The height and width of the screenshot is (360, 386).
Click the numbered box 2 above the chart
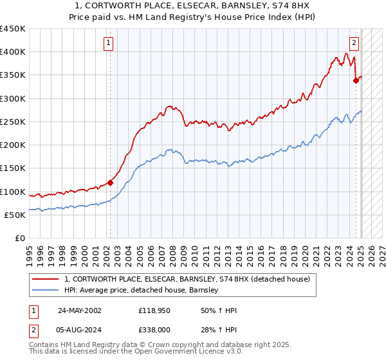[x=354, y=43]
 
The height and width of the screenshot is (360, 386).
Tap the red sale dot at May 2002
[x=110, y=183]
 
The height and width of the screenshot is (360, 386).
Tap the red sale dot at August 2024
[x=356, y=81]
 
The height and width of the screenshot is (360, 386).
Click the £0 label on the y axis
[x=19, y=239]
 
